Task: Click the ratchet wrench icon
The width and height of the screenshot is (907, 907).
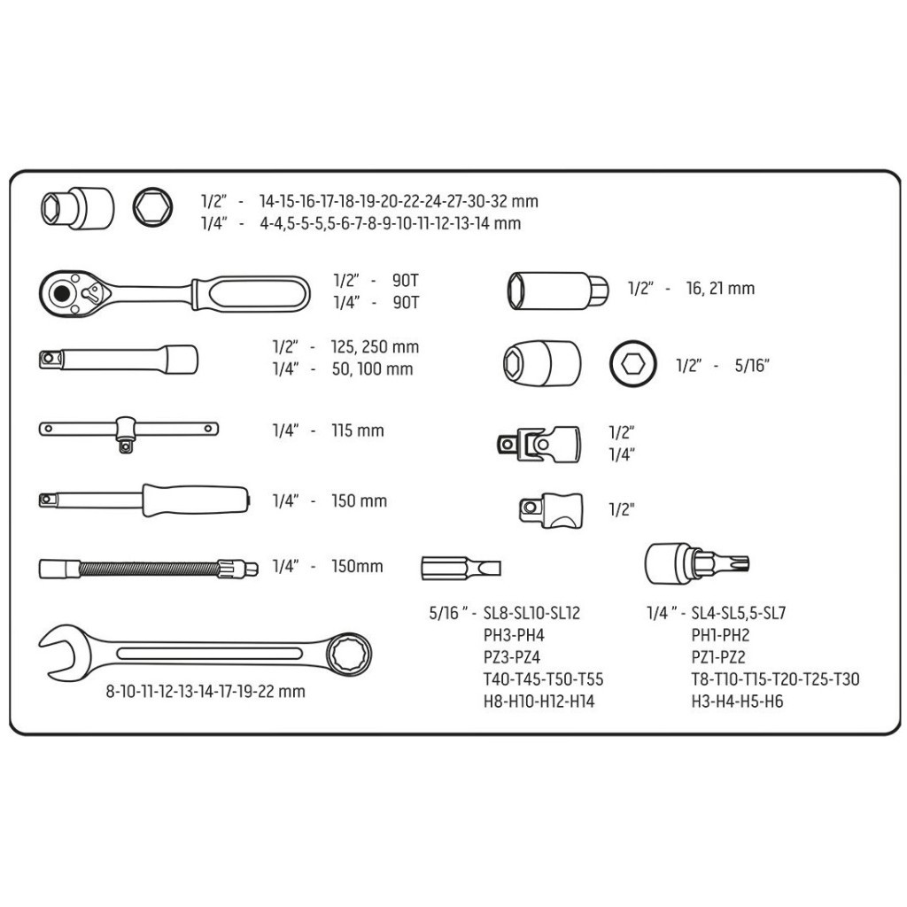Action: [x=174, y=290]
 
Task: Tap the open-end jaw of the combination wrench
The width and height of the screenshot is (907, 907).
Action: [x=62, y=654]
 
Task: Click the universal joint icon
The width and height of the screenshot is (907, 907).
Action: [x=538, y=442]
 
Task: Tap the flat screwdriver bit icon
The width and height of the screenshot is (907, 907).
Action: [x=461, y=566]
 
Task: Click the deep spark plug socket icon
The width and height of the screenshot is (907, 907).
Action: [x=556, y=290]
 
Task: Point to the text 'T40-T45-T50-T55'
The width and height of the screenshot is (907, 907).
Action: [x=543, y=680]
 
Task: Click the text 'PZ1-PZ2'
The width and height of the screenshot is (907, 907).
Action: [x=720, y=657]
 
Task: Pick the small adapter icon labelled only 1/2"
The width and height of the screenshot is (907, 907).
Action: [x=550, y=509]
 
